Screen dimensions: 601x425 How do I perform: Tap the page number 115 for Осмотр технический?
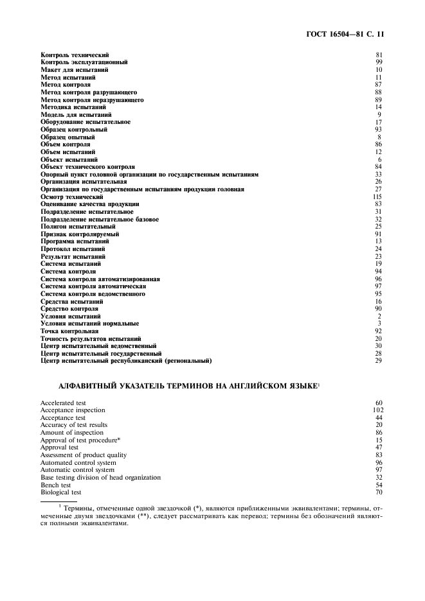click(x=377, y=196)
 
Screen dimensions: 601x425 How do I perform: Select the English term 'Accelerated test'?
click(x=62, y=403)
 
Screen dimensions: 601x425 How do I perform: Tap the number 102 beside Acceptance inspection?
click(x=377, y=410)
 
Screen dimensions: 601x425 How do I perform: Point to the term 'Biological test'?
click(x=60, y=492)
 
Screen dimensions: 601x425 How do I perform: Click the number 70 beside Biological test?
click(x=379, y=492)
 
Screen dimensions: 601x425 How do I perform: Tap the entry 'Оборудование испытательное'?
click(x=86, y=122)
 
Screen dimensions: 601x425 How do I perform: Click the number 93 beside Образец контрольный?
click(x=379, y=129)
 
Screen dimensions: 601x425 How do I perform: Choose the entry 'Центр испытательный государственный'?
click(x=101, y=354)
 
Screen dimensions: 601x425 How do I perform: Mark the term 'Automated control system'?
click(x=78, y=462)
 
